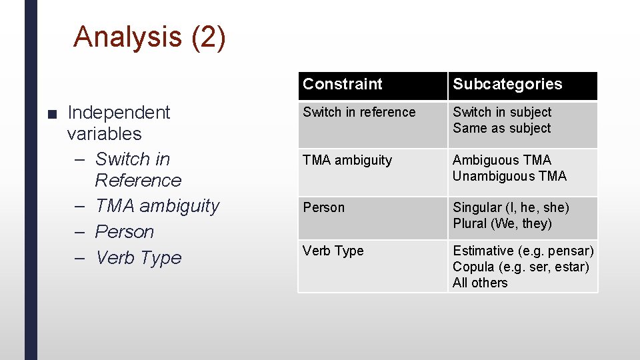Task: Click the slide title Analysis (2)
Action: coord(149,37)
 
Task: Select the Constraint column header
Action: coord(343,84)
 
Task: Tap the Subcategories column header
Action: coord(507,84)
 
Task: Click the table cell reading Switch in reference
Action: coord(359,112)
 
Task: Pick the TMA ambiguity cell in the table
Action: coord(347,160)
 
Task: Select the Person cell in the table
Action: coord(323,207)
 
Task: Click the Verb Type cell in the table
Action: coord(333,251)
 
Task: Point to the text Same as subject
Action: coord(501,128)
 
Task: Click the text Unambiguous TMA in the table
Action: coord(509,176)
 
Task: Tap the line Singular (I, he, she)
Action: coord(511,207)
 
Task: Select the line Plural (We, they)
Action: coord(502,223)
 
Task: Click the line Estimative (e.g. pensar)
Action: coord(523,251)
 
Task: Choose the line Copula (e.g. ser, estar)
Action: coord(521,267)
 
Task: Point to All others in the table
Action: coord(480,283)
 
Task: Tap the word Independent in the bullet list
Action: coord(119,112)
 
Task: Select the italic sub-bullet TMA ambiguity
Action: coord(157,206)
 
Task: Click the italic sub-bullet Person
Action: coord(124,232)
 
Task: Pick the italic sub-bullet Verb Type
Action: coord(138,258)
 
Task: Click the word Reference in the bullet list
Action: coord(138,181)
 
